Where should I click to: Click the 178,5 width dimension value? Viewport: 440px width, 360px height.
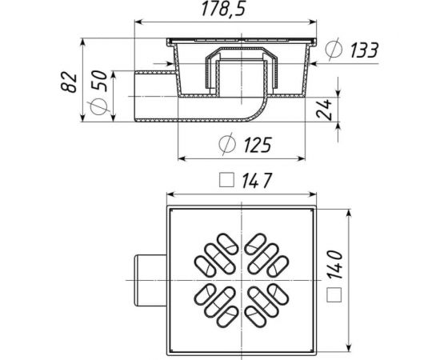[224, 10]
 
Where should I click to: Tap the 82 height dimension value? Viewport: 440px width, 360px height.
[69, 82]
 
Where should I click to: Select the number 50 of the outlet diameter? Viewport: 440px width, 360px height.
[99, 81]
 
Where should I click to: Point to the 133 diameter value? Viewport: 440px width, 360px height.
[365, 50]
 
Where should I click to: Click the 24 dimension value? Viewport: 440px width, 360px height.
[324, 109]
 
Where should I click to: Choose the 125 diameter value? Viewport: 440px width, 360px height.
[258, 145]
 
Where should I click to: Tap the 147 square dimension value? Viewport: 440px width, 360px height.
[257, 181]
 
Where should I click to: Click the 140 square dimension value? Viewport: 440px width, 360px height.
[334, 265]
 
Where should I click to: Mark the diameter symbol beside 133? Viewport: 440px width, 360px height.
[334, 50]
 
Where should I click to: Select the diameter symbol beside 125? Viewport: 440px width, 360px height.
[226, 144]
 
